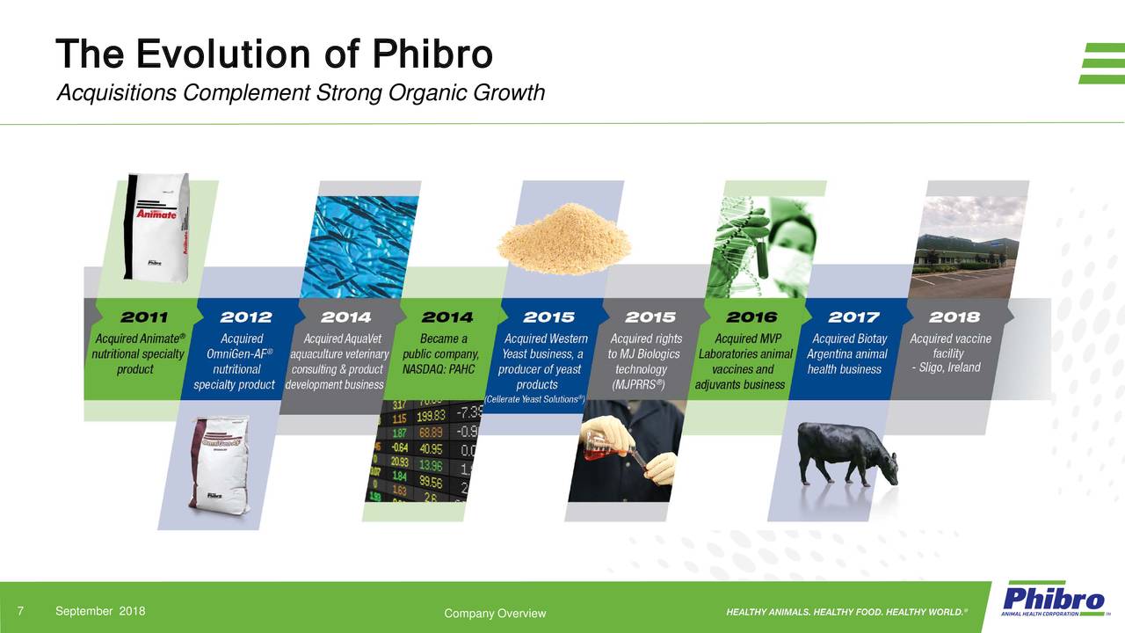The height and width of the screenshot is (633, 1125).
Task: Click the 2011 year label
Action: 144,316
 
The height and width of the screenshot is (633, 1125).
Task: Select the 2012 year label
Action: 245,316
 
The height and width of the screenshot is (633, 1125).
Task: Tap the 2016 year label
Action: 751,316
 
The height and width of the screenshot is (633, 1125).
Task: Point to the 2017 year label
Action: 853,316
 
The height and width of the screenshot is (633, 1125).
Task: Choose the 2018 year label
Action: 954,316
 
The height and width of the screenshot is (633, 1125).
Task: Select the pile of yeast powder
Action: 563,237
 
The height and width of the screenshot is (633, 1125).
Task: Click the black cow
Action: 846,453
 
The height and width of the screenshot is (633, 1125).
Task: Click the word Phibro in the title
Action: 432,55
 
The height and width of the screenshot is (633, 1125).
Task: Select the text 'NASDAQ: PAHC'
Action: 439,369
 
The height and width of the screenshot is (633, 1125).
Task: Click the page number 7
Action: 20,611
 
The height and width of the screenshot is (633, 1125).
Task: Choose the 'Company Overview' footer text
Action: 495,614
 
